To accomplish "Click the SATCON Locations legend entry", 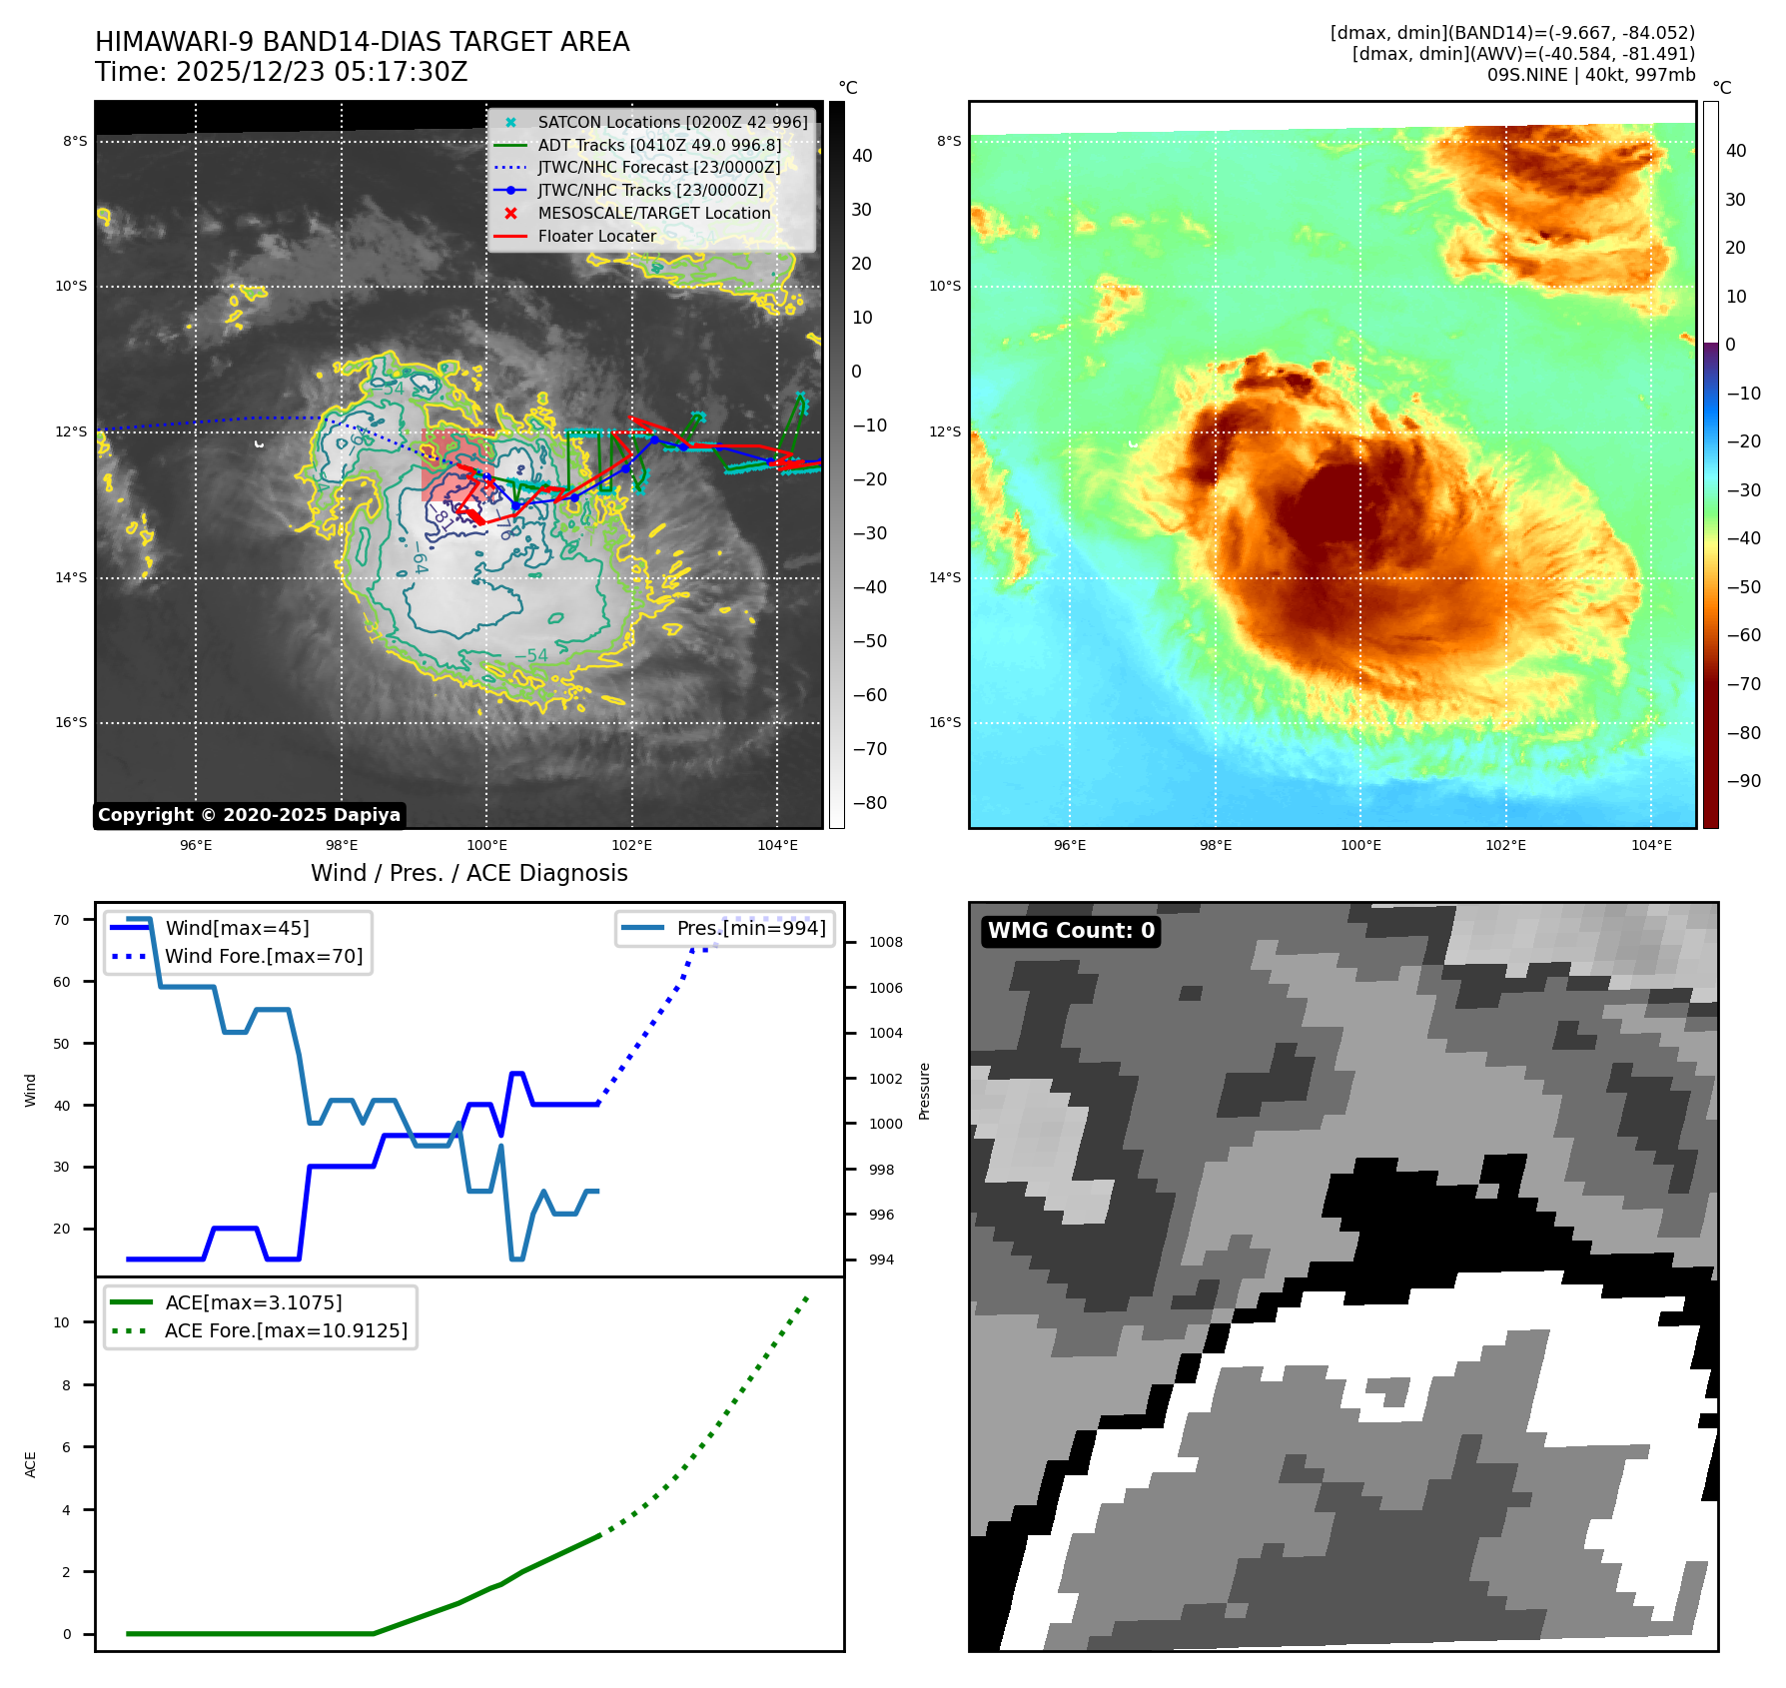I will pos(672,122).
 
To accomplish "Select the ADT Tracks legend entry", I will pos(659,145).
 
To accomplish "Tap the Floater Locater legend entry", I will pos(596,236).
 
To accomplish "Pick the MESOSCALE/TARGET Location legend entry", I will pos(653,213).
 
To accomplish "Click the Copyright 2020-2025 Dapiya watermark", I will pos(249,815).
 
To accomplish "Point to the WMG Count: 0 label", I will pos(1071,931).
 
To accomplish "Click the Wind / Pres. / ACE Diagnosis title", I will pos(469,873).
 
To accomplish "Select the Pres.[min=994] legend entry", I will pos(750,928).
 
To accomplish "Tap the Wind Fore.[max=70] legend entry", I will pos(264,956).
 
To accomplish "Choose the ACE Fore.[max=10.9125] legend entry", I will pos(286,1330).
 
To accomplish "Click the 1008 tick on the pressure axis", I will pos(885,942).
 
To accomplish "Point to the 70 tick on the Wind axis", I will pos(62,920).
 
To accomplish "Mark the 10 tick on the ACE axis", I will pos(62,1322).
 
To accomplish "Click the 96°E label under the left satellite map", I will pos(196,845).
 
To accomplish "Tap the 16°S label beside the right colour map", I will pos(945,722).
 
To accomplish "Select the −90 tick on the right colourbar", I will pos(1743,781).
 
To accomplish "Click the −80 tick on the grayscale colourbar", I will pos(869,803).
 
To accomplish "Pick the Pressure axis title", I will pos(925,1091).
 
